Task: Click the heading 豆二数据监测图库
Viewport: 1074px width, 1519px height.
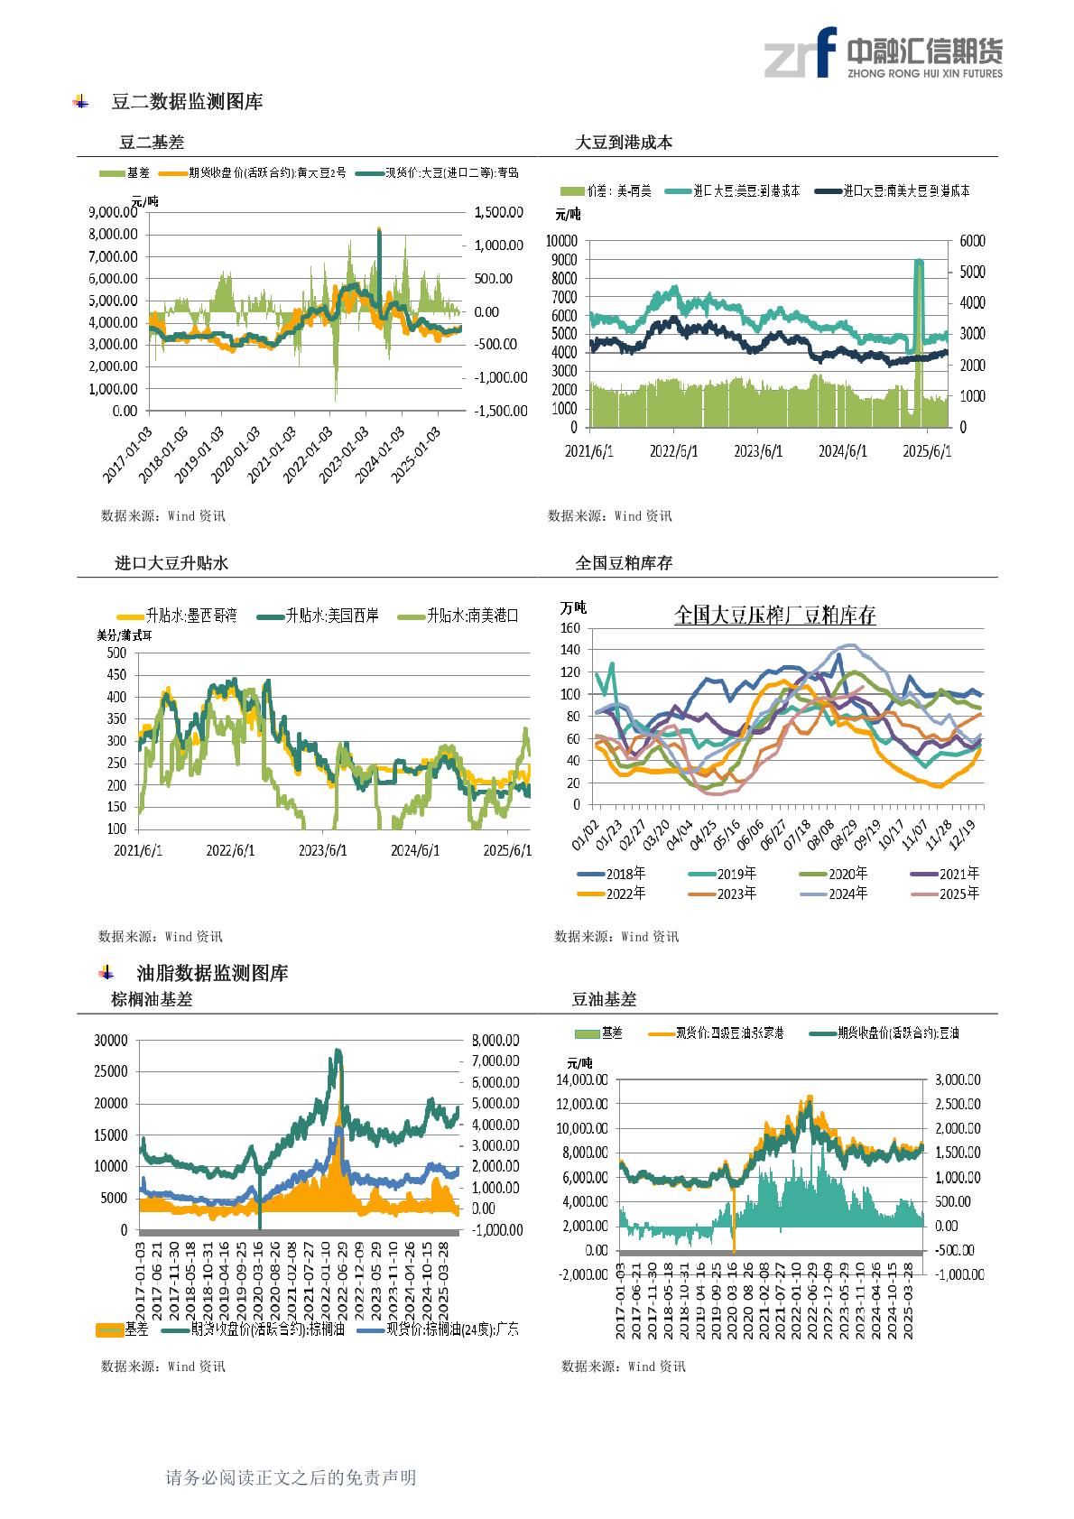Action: [187, 102]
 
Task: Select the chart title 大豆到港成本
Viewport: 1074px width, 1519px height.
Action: [624, 143]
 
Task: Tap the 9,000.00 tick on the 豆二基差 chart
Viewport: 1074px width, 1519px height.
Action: [113, 212]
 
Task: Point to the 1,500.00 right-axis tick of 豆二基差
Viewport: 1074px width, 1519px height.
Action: [498, 212]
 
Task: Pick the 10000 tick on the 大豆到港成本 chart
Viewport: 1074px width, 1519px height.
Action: [561, 241]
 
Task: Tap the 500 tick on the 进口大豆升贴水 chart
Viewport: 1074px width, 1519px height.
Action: [116, 653]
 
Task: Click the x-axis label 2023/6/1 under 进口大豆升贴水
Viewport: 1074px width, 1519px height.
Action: [323, 850]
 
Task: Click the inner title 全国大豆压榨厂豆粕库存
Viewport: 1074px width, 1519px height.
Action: [774, 616]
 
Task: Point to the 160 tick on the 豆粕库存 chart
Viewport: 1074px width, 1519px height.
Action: [569, 628]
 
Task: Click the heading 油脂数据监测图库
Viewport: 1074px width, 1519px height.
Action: [212, 973]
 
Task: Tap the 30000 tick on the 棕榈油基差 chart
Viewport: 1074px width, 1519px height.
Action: [111, 1041]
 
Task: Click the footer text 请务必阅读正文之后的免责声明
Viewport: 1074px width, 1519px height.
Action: [291, 1477]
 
